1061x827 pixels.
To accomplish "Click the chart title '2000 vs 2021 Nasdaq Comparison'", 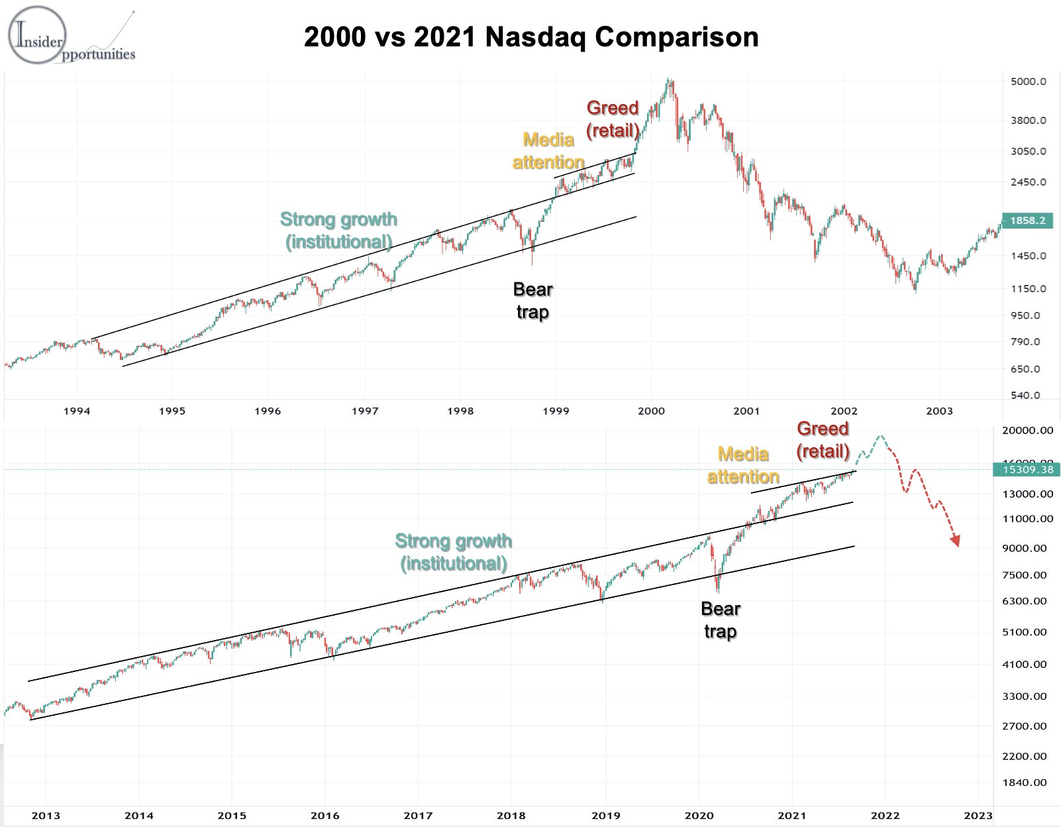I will [531, 37].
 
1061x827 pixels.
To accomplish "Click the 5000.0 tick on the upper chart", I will [1028, 82].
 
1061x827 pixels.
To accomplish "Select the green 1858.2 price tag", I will [1027, 221].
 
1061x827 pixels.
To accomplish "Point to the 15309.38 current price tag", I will [1027, 470].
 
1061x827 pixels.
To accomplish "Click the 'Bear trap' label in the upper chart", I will [532, 300].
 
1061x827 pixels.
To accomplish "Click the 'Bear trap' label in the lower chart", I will [720, 620].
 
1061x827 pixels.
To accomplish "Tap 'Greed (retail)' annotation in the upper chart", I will [613, 119].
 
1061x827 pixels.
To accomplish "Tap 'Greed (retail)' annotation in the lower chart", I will [823, 440].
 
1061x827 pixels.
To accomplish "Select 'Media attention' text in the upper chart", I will [548, 151].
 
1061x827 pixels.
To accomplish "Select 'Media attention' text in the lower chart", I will [743, 465].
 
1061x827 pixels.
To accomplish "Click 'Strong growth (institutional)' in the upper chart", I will [338, 230].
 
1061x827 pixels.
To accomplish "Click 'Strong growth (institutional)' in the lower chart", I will [454, 552].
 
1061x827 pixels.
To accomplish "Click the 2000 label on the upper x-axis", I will [651, 411].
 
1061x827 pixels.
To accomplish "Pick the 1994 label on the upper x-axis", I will [77, 411].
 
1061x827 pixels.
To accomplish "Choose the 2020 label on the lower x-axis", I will [699, 815].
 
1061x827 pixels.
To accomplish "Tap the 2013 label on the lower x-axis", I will [46, 815].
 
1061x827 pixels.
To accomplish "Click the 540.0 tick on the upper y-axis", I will [1025, 396].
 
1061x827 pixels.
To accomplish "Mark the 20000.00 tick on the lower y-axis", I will [1027, 430].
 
